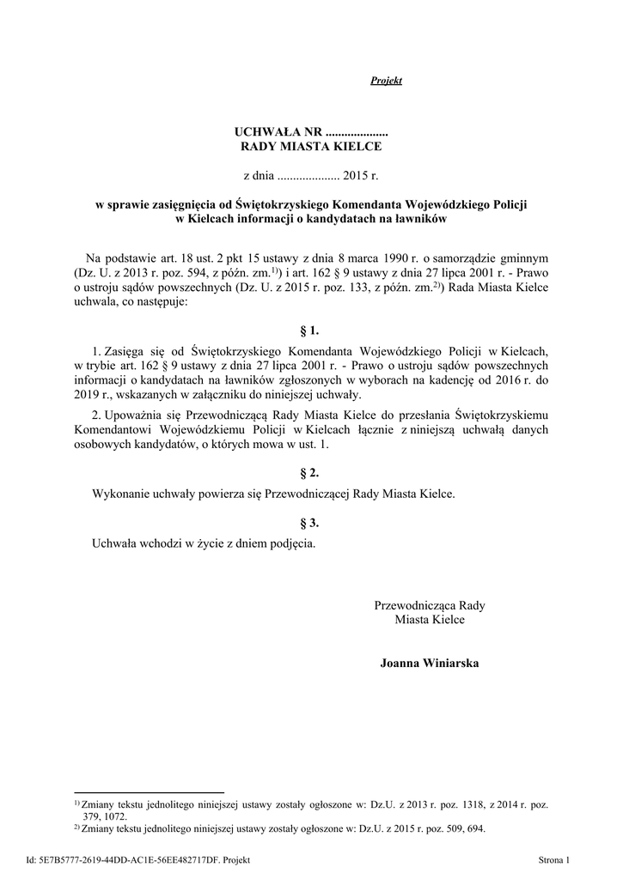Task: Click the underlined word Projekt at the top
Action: [386, 81]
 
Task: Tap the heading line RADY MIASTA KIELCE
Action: [310, 147]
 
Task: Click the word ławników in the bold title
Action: [418, 219]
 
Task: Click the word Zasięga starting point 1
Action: [125, 351]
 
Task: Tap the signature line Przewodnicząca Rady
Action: [429, 605]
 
